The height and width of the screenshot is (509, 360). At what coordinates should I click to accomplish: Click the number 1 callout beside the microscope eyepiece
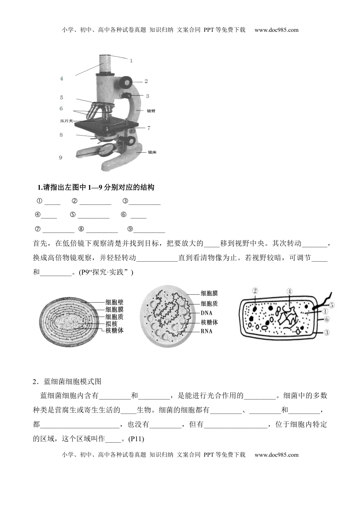131,60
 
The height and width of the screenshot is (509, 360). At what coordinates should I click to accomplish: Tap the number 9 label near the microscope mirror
61,157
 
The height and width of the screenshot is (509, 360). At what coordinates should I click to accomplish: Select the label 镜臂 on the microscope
151,111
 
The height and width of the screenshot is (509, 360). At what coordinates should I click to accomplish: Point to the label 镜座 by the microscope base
152,152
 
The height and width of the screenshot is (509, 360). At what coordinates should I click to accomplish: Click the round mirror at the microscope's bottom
108,149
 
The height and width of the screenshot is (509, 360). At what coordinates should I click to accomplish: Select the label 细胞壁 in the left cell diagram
114,303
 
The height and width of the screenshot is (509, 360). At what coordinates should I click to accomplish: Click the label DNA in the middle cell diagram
206,313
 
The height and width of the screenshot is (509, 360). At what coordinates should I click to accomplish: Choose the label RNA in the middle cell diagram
206,331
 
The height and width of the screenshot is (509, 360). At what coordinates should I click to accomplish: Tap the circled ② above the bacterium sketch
255,291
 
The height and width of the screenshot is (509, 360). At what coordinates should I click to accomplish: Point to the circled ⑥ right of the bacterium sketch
327,319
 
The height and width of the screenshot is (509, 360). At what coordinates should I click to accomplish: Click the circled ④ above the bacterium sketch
290,292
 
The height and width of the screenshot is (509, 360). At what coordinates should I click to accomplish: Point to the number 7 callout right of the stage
149,128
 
